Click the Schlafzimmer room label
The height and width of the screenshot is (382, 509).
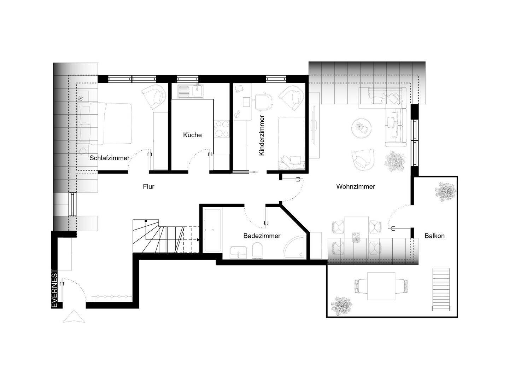(109, 158)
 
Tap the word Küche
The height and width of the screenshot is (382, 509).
(192, 135)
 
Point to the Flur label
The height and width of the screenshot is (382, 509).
(148, 186)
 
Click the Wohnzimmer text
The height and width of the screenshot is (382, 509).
(356, 186)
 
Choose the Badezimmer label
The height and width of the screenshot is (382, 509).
(262, 236)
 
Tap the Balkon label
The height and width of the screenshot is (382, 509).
(434, 236)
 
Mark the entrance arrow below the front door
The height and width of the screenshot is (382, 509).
(74, 316)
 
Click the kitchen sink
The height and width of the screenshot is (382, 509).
(191, 91)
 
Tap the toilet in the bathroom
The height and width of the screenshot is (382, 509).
(257, 250)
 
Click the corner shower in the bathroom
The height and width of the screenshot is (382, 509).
(295, 248)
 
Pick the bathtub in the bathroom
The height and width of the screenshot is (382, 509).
(212, 230)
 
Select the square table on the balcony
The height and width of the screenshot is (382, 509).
(381, 286)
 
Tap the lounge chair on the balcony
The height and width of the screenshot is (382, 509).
(441, 290)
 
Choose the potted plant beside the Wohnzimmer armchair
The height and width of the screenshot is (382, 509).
(395, 161)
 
